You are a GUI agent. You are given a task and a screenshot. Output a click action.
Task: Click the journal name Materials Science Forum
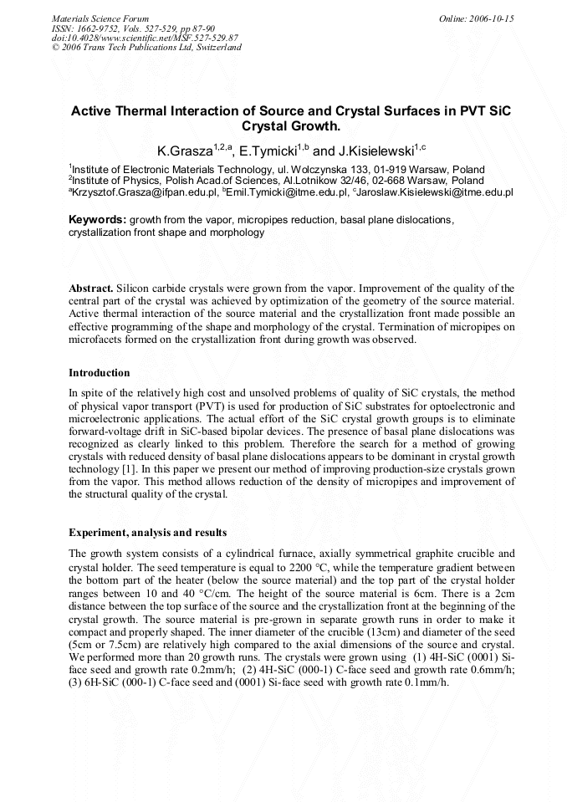pyautogui.click(x=100, y=18)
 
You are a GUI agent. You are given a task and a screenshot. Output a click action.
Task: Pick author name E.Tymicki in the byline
pyautogui.click(x=268, y=151)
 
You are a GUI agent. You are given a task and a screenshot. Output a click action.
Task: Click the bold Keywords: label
pyautogui.click(x=97, y=220)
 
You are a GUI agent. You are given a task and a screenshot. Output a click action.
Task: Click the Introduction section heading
pyautogui.click(x=99, y=373)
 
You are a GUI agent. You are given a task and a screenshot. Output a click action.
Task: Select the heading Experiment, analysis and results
pyautogui.click(x=147, y=533)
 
